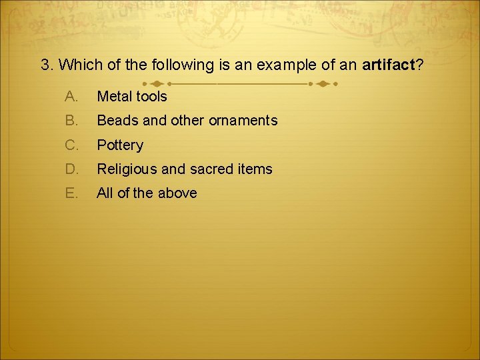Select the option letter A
coord(71,97)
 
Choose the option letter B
coord(71,121)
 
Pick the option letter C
coord(71,145)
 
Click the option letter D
coord(71,169)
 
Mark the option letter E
coord(71,193)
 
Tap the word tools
coord(152,97)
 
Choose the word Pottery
coord(120,145)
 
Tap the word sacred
coord(211,169)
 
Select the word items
coord(254,169)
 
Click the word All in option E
coord(105,193)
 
